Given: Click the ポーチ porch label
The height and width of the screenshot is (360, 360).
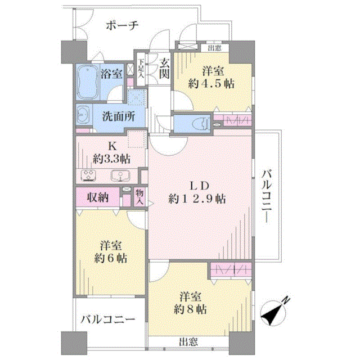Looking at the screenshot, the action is tap(122, 25).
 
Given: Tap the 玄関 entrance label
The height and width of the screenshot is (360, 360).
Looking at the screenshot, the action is tap(164, 69).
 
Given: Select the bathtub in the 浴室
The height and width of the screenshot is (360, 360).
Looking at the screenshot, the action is tap(87, 82).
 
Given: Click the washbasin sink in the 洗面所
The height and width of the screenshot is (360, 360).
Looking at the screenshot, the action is tap(82, 115).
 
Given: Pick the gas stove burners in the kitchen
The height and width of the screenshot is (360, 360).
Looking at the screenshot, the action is tap(89, 175).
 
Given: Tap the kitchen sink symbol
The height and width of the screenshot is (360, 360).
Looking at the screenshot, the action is tap(119, 175).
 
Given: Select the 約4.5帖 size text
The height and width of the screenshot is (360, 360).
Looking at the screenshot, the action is tap(211, 84).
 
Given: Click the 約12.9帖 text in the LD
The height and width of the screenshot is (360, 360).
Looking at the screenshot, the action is tap(197, 199).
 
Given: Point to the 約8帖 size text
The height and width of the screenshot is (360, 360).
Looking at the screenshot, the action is tap(190, 309).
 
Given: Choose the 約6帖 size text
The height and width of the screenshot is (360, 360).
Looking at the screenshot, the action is tap(111, 259).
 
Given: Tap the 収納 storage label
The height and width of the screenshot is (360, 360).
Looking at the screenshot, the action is tap(98, 197).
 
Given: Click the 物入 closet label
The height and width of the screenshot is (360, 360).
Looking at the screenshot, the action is tap(139, 197).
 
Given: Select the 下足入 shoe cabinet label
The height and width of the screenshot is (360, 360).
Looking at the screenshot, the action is tap(141, 69).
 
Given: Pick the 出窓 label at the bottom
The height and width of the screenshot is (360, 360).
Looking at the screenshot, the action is tap(188, 342).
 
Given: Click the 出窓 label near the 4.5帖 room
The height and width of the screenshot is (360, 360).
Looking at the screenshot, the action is tap(215, 48).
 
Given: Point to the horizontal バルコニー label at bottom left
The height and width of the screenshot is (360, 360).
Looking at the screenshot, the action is tap(107, 319).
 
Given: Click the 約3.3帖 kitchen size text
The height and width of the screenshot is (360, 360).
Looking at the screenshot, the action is tap(111, 159).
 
